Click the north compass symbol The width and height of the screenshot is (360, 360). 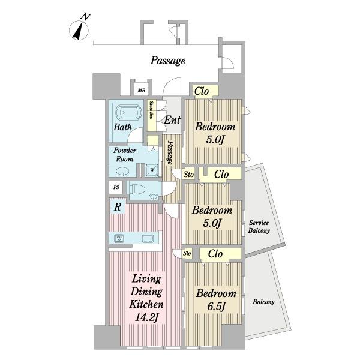tap(79, 31)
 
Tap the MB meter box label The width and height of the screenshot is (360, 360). tap(142, 91)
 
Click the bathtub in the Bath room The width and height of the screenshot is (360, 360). tap(128, 113)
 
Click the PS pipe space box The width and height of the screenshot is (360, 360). tap(116, 187)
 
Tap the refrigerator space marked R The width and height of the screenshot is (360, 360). tap(118, 206)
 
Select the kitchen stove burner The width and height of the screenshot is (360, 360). tap(119, 238)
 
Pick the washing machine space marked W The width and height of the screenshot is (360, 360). tap(152, 170)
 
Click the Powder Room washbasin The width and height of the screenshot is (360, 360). tap(122, 171)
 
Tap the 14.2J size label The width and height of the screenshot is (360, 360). tap(146, 317)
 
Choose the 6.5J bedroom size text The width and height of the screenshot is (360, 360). tap(216, 306)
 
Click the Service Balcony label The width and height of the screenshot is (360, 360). tap(259, 227)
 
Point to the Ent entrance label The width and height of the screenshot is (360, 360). tap(172, 120)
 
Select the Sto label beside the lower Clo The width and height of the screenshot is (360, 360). tap(187, 253)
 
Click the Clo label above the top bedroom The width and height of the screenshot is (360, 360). tap(202, 91)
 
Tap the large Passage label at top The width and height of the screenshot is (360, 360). tap(168, 61)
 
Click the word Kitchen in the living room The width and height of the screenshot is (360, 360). tap(146, 304)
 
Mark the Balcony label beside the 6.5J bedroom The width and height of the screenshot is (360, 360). tap(263, 302)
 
